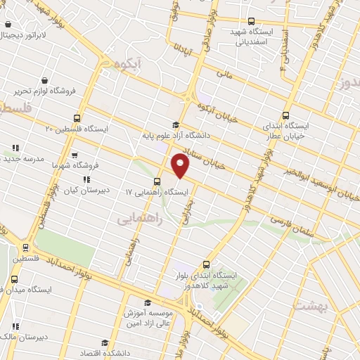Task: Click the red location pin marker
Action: tap(181, 166)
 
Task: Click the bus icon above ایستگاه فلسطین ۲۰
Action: tap(77, 118)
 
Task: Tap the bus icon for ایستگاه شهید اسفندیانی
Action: tap(252, 21)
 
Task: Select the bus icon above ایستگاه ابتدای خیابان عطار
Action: tap(285, 115)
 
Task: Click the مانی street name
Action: tap(225, 72)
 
